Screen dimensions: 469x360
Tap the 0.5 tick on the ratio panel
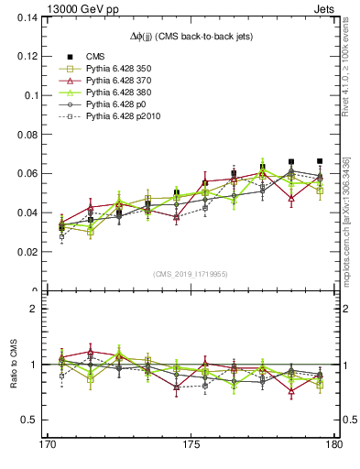pyautogui.click(x=29, y=420)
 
